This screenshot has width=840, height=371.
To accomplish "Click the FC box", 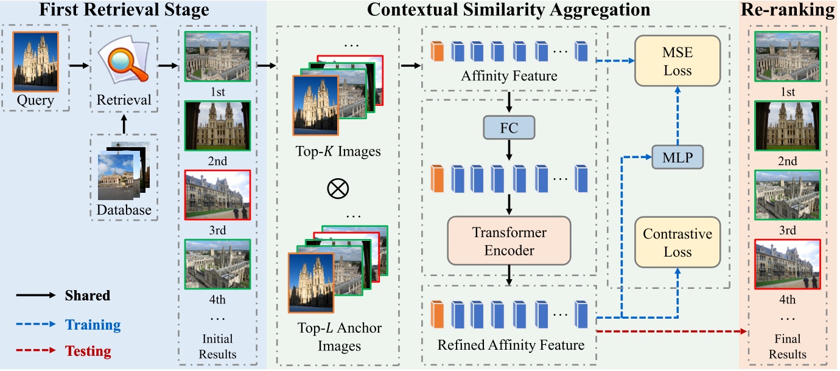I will coord(509,128).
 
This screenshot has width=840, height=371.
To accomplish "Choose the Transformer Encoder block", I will coord(509,241).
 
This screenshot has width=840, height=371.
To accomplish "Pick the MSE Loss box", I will coord(677,61).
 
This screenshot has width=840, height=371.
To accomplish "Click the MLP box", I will coord(677,158).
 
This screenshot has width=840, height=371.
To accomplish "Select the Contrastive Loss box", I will coord(677,243).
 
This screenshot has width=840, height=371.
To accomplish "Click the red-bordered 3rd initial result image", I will coord(217,195).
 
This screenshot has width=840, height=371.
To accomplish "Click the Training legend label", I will coord(93,325).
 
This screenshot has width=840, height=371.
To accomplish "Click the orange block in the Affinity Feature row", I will coord(436,52).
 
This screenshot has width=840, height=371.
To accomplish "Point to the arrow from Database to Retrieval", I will coord(124,124).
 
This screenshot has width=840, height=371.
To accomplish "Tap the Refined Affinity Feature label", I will coord(511,345).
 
